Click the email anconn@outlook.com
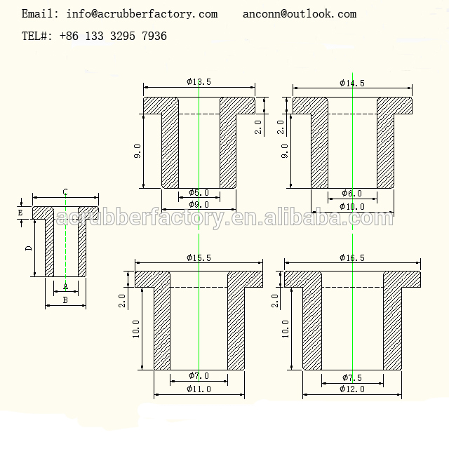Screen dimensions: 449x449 pos(300,14)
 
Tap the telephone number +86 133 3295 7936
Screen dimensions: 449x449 pos(112,36)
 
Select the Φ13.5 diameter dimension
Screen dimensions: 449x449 pos(199,82)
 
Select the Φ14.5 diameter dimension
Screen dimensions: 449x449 pos(351,83)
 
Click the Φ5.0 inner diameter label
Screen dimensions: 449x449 pos(199,193)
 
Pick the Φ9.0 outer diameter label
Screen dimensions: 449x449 pos(199,205)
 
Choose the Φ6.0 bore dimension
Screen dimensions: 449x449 pos(351,193)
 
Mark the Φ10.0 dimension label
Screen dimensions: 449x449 pos(351,206)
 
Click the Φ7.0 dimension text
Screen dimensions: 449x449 pos(199,376)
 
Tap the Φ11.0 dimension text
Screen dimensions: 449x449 pos(199,389)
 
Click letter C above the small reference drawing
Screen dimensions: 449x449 pos(65,192)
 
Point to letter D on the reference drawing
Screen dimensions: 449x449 pos(29,248)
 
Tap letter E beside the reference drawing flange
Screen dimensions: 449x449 pos(20,212)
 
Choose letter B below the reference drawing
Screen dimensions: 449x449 pos(65,300)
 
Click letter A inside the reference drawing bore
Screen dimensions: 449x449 pos(65,286)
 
